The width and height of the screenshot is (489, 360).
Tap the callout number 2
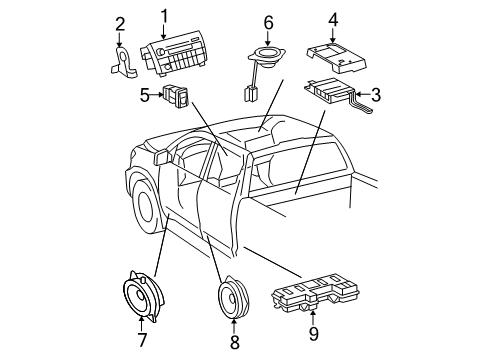tap(120, 24)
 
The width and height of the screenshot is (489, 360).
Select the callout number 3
tap(376, 95)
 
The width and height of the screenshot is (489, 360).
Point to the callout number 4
tap(333, 18)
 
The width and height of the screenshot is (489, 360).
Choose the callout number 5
tap(144, 96)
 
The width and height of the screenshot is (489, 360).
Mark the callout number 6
tap(268, 21)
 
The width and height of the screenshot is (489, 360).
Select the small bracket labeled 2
tap(124, 62)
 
